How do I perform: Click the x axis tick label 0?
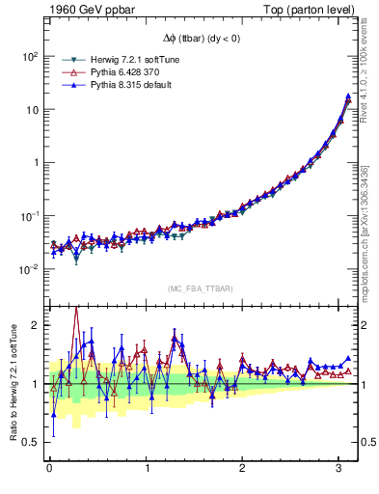(x=49, y=470)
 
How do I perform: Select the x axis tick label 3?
(x=339, y=470)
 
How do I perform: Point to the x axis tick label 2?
(x=243, y=470)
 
